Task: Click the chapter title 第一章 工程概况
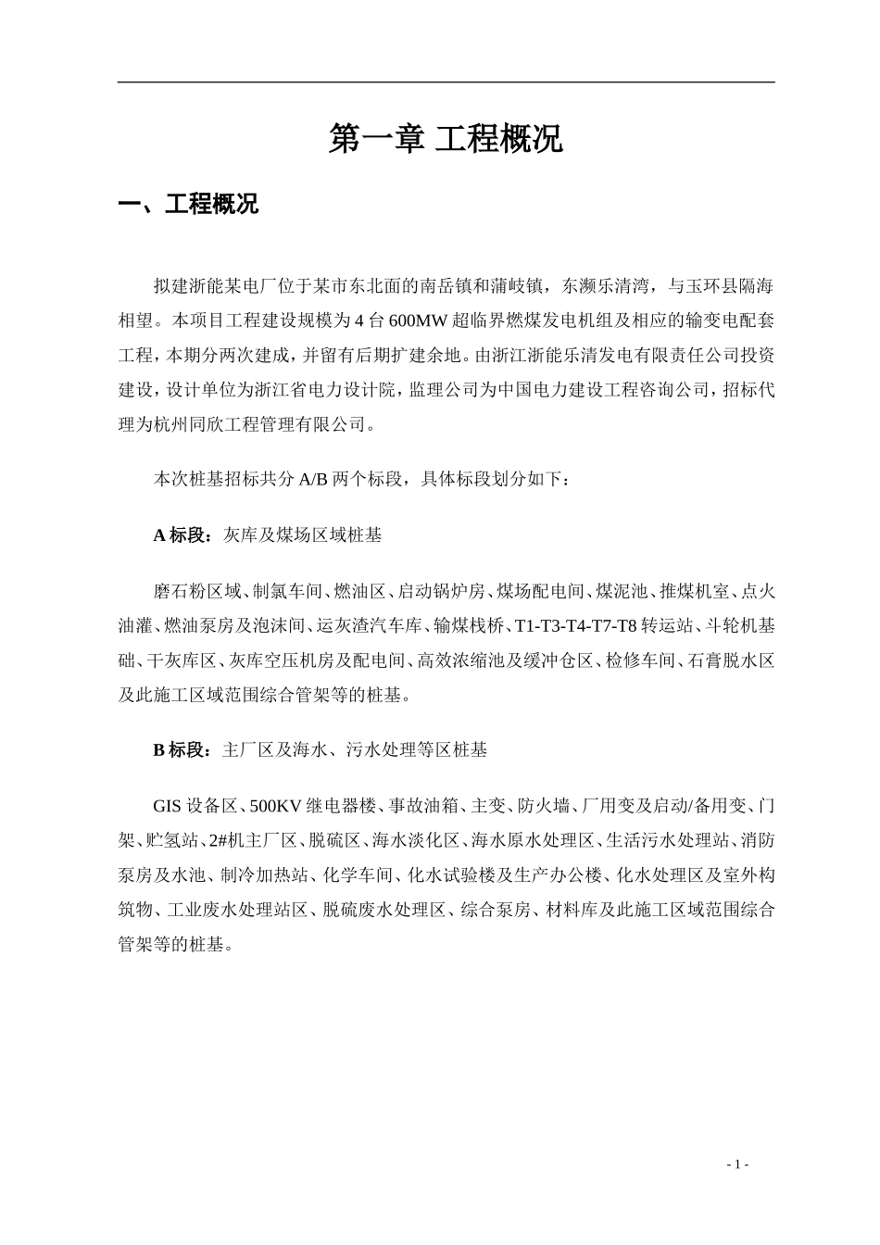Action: (446, 139)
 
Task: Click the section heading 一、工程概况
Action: (188, 205)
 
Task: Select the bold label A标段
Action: (182, 535)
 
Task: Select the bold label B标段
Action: (182, 750)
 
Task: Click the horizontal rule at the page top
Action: (446, 82)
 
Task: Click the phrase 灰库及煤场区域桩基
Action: (302, 535)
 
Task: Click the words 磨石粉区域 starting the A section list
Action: (197, 590)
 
